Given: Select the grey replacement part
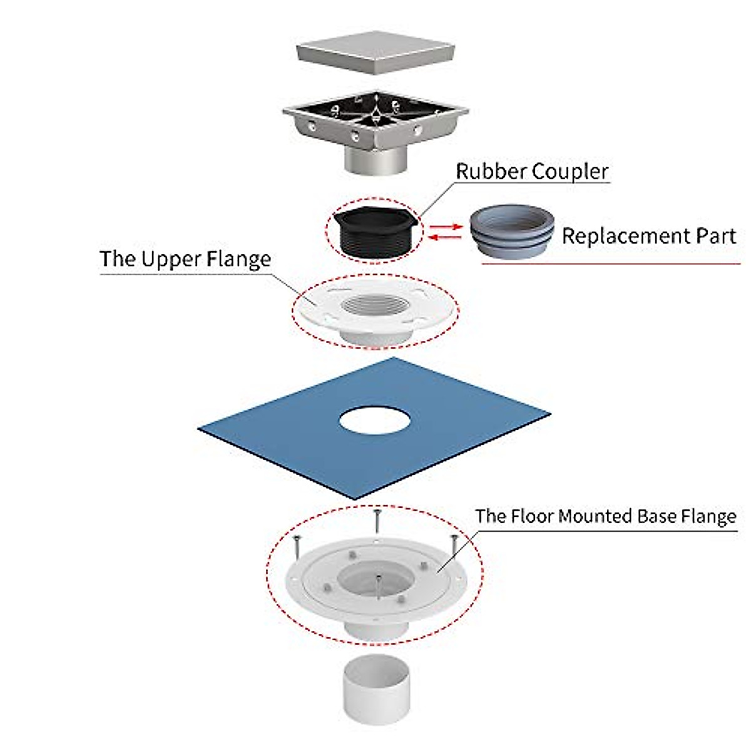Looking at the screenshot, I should click(511, 230).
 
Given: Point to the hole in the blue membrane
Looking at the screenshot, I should click(375, 421).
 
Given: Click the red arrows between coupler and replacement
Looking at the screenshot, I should click(446, 231).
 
